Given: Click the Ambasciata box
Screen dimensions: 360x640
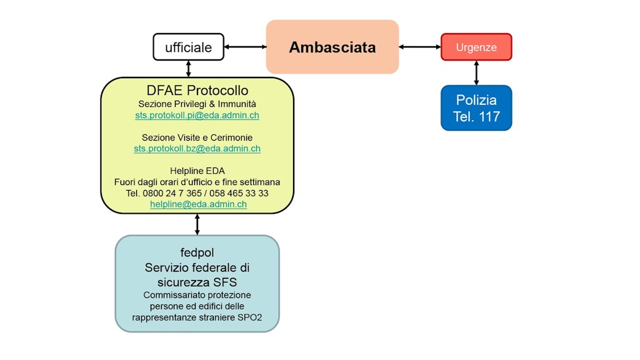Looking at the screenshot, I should [332, 47].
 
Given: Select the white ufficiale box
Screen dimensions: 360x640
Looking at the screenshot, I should [188, 47].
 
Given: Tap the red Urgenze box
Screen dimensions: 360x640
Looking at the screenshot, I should [476, 47].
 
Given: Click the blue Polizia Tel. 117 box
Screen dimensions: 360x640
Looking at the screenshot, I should [476, 107].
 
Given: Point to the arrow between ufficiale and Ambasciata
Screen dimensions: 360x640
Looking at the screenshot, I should [245, 47].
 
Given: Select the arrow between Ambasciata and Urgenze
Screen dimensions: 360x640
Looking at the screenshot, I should [420, 47].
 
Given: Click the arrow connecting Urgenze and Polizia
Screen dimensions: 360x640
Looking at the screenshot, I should [476, 72].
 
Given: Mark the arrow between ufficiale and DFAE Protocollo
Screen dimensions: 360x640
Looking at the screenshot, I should [189, 69].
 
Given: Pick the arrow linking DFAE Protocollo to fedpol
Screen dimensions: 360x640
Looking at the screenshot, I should [197, 224].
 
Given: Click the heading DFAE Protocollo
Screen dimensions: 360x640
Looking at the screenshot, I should [197, 91].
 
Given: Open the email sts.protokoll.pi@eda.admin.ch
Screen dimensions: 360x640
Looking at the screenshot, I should [197, 116].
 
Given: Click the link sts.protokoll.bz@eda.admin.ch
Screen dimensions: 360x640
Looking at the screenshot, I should [197, 149].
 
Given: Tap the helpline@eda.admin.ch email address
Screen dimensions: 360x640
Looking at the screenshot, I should [198, 204].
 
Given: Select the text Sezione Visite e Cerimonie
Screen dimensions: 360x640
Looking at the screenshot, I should [197, 137].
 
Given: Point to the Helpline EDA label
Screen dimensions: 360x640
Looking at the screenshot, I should [197, 171].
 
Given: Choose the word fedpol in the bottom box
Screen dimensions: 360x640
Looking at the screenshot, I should [197, 252].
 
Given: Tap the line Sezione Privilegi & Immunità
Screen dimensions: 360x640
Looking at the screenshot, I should [197, 104].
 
